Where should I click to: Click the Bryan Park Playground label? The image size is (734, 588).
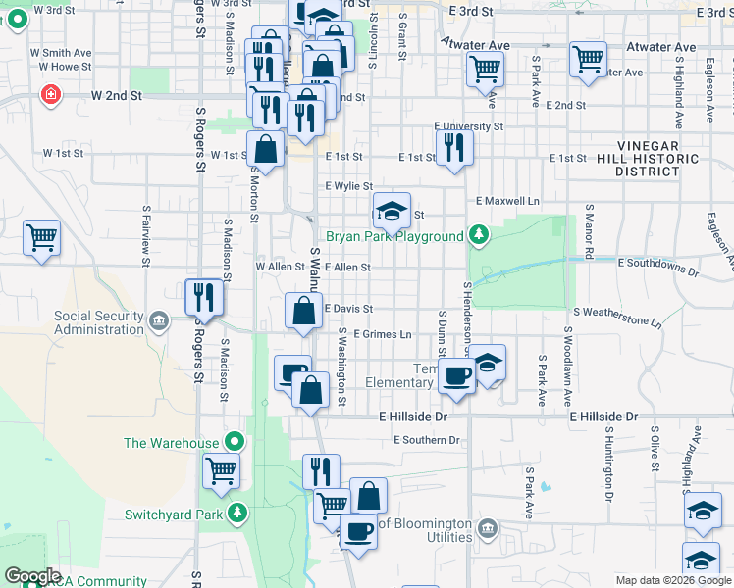(394, 236)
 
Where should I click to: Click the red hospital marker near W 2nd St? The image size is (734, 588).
(48, 95)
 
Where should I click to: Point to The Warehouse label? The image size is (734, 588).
(171, 443)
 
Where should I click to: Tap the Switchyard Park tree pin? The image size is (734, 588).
(236, 513)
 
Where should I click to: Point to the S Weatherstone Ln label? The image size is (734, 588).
(617, 311)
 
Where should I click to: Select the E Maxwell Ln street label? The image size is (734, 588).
(507, 201)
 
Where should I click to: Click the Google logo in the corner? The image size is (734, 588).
(32, 576)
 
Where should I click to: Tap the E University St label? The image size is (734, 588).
(469, 127)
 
